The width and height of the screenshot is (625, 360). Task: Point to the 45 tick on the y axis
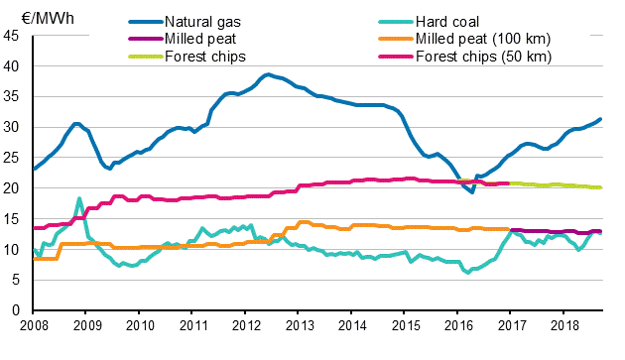point(14,37)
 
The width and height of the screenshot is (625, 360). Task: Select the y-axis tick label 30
point(14,128)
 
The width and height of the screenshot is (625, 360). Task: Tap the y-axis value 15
point(14,219)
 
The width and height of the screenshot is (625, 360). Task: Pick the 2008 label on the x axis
point(34,325)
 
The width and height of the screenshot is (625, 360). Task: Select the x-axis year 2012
point(246,325)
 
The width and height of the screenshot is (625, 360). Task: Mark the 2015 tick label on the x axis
point(405,325)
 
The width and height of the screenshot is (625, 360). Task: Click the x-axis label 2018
point(564,325)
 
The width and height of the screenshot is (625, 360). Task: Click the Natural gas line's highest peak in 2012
point(267,74)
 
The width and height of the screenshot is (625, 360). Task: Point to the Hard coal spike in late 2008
point(79,199)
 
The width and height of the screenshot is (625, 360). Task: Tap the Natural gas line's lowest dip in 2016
point(472,192)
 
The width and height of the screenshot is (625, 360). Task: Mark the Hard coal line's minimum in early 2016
point(468,272)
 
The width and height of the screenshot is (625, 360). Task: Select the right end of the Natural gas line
point(601,120)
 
